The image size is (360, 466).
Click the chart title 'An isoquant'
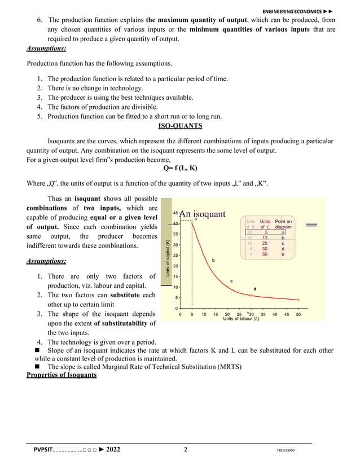click(x=202, y=214)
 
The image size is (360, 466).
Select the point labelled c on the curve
click(x=227, y=287)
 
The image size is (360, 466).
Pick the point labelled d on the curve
click(x=251, y=294)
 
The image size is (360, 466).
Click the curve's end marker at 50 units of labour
click(x=298, y=300)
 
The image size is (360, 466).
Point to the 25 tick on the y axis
click(x=175, y=256)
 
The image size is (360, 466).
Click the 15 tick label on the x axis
click(x=216, y=314)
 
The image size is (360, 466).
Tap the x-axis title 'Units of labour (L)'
click(x=241, y=319)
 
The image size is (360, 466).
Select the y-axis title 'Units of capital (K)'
click(x=168, y=258)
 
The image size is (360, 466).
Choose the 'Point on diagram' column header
click(x=283, y=224)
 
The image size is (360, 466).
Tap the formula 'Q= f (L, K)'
click(x=179, y=168)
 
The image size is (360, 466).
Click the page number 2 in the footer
click(x=186, y=450)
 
